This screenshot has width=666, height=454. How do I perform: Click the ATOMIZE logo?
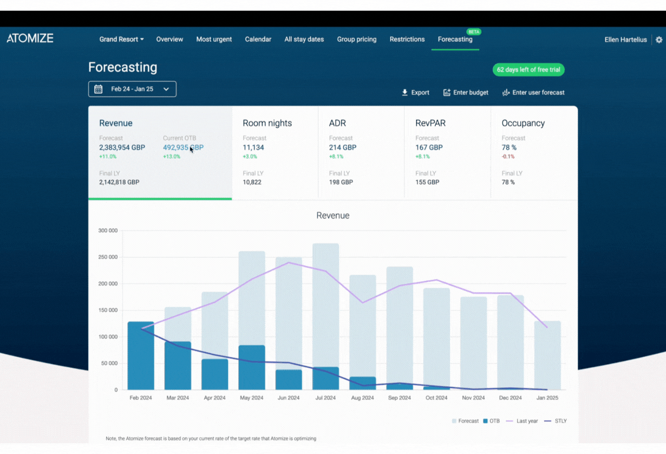pos(30,38)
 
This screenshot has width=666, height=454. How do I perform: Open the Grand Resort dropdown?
pos(121,40)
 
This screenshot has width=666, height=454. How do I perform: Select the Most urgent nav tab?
pos(214,40)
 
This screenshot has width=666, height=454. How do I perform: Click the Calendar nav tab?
pos(258,40)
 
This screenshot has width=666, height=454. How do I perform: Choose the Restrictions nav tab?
pos(407,40)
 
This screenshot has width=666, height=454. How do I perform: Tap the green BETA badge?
pos(474,32)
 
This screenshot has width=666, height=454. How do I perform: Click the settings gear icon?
pos(658,40)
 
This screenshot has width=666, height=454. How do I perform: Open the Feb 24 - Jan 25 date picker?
pos(132,89)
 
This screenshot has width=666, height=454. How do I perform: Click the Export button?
pos(415,93)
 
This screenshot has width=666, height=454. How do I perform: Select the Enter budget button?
pos(466,93)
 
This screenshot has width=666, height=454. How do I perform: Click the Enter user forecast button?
pos(533,93)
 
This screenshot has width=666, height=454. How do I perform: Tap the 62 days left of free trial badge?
pos(528,70)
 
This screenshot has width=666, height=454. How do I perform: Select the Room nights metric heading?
pos(267,124)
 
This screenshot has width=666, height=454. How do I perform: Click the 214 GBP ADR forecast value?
pos(342,147)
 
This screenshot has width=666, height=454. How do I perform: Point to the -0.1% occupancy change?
pos(508,157)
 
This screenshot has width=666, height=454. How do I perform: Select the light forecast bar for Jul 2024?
pos(325,303)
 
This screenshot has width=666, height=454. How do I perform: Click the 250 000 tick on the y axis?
pos(108,257)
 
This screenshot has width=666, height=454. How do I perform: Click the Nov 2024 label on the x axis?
pos(473,398)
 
